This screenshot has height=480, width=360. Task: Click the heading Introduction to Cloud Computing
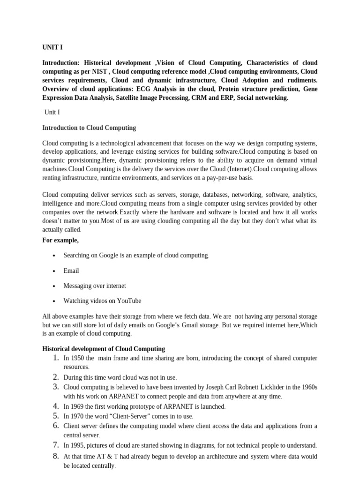[x=89, y=127]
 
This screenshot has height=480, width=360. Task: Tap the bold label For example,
[x=60, y=240]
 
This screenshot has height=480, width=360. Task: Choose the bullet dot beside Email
[x=54, y=271]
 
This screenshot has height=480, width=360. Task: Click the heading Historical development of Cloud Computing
[x=104, y=349]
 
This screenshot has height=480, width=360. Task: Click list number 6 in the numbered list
[x=55, y=426]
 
